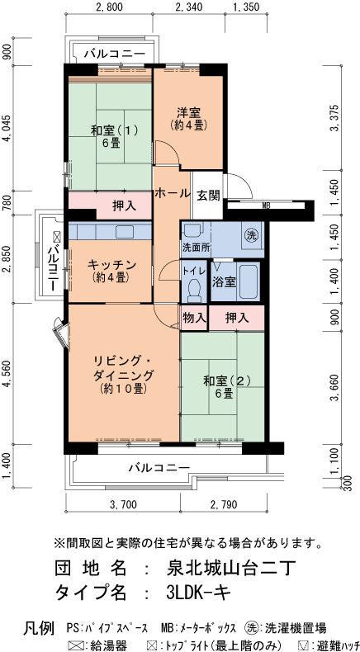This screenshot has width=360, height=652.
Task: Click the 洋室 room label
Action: (x=189, y=112)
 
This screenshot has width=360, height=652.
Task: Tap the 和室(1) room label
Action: (x=115, y=130)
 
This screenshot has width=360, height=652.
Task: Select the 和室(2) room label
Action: (x=226, y=380)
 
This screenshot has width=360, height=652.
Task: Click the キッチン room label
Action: (x=111, y=264)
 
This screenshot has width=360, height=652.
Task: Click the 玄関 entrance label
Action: (x=208, y=196)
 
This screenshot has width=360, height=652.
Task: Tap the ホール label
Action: (x=173, y=193)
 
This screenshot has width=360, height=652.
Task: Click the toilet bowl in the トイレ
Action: (x=194, y=290)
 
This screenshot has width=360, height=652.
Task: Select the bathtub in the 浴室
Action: (x=249, y=281)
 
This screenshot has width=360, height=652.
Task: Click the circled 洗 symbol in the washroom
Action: (x=251, y=234)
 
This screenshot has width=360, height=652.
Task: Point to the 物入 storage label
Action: (x=194, y=318)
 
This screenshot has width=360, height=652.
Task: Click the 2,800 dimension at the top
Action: (x=109, y=7)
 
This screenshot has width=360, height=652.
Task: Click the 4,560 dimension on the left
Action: (x=7, y=374)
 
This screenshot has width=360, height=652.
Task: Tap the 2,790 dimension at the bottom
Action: (x=223, y=505)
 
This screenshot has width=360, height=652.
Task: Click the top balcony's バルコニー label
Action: (x=115, y=54)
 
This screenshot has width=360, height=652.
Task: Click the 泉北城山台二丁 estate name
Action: (x=230, y=568)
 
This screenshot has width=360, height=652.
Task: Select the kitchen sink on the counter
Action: (x=124, y=232)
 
